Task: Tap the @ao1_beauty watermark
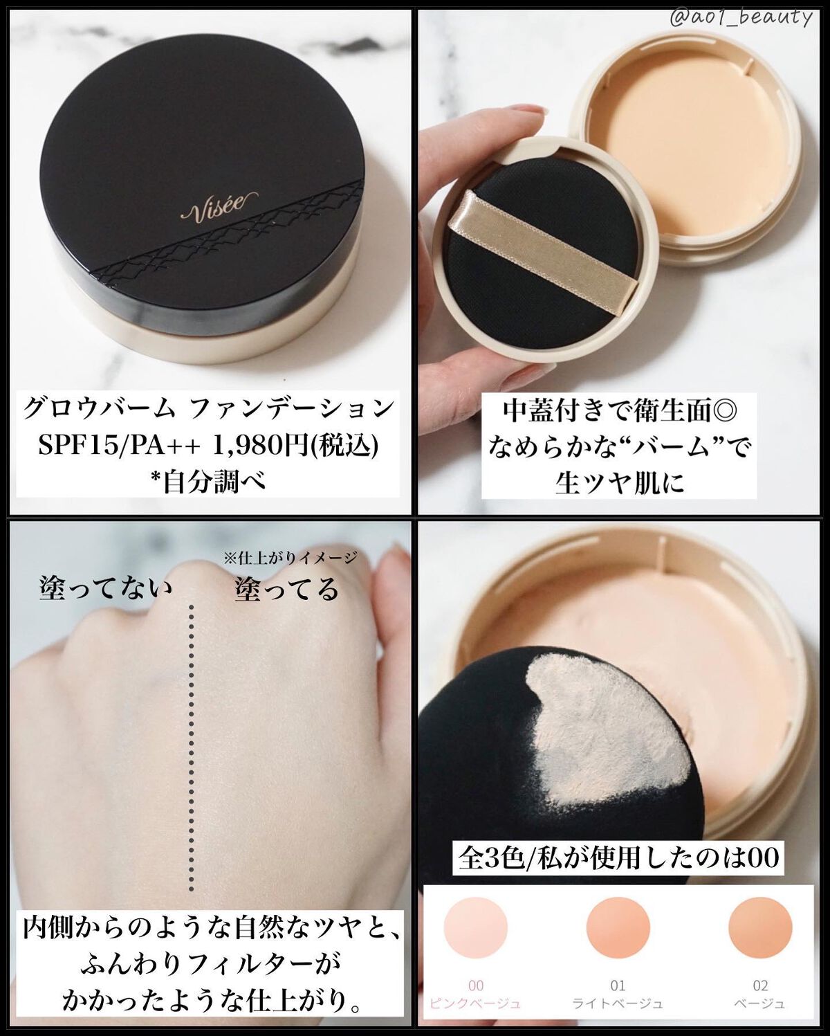[x=740, y=18]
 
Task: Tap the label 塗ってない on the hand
[x=105, y=590]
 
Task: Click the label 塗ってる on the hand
[x=287, y=590]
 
